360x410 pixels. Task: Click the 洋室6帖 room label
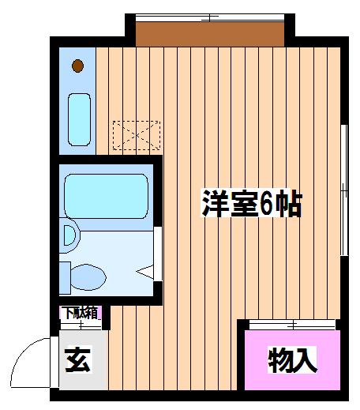[x=252, y=203]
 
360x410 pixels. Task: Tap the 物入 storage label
[x=292, y=359]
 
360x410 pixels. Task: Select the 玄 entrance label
[x=78, y=359]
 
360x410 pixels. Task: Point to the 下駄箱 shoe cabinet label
[x=81, y=314]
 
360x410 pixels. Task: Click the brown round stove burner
[x=78, y=66]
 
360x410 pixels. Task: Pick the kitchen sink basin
[x=79, y=119]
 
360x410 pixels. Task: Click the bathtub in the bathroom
[x=106, y=196]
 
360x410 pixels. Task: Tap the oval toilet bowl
[x=88, y=277]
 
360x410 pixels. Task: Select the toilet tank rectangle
[x=65, y=277]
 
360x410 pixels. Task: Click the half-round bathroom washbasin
[x=69, y=235]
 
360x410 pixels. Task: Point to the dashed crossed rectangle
[x=137, y=135]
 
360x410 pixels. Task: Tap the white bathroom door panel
[x=158, y=254]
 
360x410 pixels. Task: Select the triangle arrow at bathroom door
[x=144, y=272]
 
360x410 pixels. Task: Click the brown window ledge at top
[x=210, y=34]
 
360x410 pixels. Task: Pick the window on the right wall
[x=344, y=190]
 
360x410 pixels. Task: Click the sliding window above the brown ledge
[x=210, y=17]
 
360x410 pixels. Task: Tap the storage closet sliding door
[x=292, y=325]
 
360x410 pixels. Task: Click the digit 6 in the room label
[x=266, y=204]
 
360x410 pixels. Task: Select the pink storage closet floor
[x=292, y=360]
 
